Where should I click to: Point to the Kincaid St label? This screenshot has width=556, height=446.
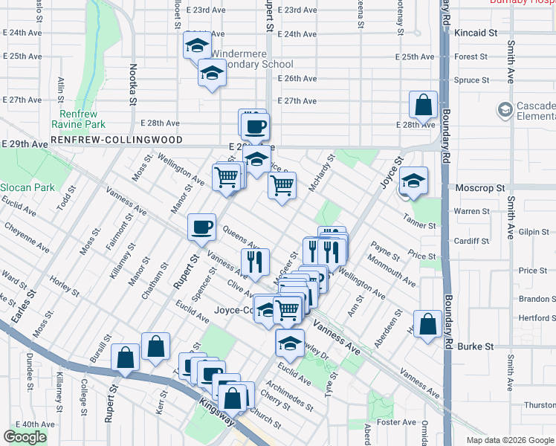[476, 33]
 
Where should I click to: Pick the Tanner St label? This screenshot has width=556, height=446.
[419, 224]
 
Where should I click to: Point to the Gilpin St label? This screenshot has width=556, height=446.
[534, 232]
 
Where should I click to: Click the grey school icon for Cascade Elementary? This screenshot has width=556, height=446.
[505, 111]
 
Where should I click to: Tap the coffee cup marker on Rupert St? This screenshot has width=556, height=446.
[202, 227]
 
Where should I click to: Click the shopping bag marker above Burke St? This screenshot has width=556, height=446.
[427, 324]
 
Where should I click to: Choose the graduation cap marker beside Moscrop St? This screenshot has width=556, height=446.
[413, 180]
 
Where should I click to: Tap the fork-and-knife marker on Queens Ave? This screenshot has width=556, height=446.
[254, 261]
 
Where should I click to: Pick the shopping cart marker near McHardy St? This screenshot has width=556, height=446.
[282, 186]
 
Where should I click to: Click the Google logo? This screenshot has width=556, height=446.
[25, 437]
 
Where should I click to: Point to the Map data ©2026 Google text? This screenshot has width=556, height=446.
[508, 440]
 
